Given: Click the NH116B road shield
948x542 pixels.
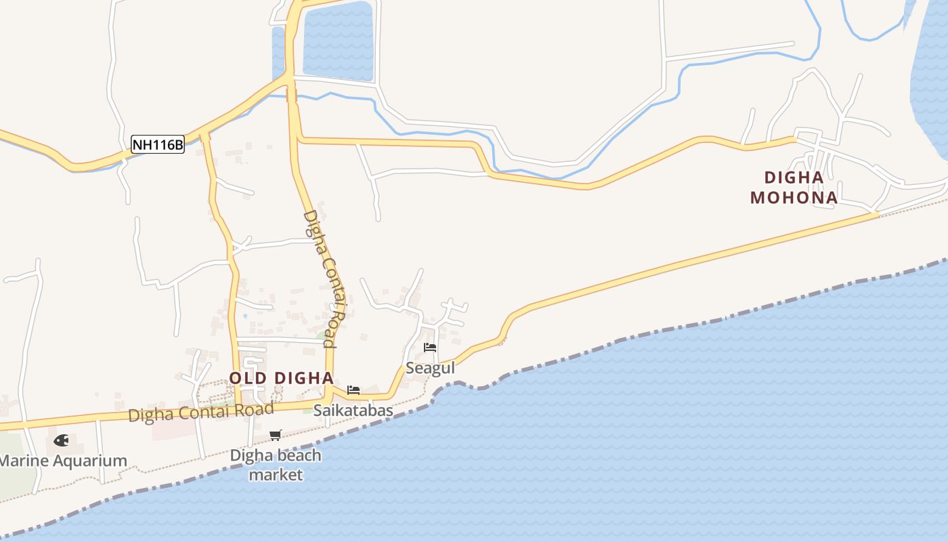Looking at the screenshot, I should [157, 144].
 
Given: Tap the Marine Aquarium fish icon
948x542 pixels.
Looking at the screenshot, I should [61, 440].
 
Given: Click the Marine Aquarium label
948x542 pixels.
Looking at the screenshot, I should [62, 461].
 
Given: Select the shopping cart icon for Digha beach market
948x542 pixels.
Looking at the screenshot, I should [275, 435].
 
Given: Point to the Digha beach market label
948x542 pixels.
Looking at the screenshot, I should [276, 465].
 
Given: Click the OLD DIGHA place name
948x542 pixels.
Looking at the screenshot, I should [281, 378].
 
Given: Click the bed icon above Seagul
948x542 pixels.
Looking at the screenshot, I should [429, 348].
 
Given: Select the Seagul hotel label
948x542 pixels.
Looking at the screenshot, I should [430, 369].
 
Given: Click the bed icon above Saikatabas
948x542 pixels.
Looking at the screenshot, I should [353, 390].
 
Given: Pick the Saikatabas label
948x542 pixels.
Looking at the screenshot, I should [353, 411].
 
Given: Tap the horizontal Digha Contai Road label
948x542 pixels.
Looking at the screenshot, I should [201, 411].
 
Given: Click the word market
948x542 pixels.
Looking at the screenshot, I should [276, 474].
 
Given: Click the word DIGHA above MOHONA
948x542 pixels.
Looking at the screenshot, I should [794, 178].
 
